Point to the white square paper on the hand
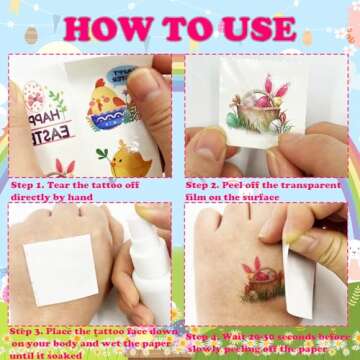(60, 270)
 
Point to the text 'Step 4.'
(206, 336)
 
